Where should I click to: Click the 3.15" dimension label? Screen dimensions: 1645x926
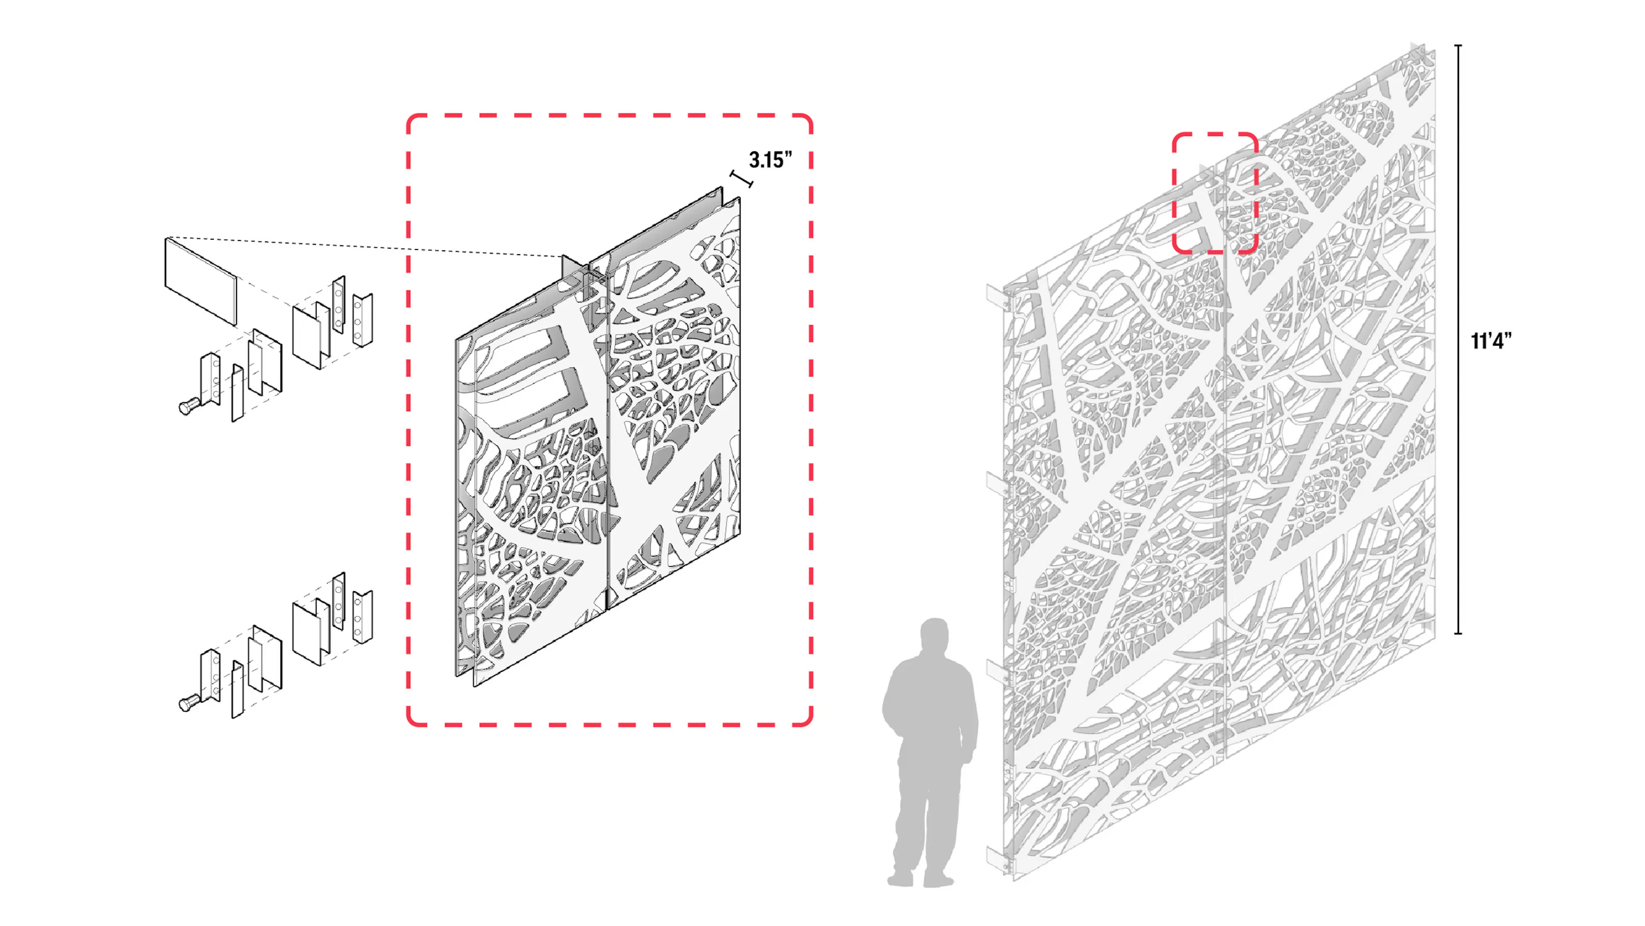tap(770, 160)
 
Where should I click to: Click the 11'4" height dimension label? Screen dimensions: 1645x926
tap(1491, 341)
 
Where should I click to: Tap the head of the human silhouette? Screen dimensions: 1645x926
tap(934, 635)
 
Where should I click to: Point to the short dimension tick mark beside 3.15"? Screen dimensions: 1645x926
tap(742, 178)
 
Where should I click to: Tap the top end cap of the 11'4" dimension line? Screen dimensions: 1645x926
tap(1458, 46)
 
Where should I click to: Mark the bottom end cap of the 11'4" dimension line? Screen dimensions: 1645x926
tap(1458, 633)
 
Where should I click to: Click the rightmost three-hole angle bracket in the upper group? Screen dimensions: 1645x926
tap(362, 319)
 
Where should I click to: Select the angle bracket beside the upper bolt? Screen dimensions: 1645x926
tap(211, 379)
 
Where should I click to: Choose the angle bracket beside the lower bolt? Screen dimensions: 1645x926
tap(211, 676)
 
